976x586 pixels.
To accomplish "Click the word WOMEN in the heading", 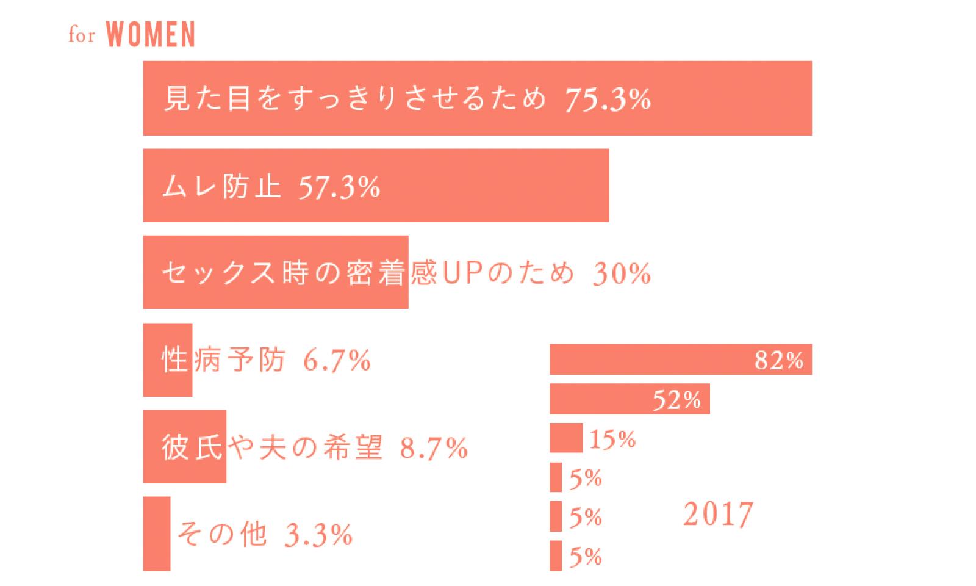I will pyautogui.click(x=151, y=35).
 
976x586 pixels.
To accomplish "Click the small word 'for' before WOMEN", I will pyautogui.click(x=81, y=35).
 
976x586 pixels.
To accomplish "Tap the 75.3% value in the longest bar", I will pyautogui.click(x=608, y=99).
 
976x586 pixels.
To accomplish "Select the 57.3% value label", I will pyautogui.click(x=339, y=186).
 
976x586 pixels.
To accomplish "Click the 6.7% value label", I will pyautogui.click(x=337, y=361).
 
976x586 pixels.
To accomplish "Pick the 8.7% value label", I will pyautogui.click(x=433, y=448).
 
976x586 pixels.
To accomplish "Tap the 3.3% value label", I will pyautogui.click(x=319, y=535).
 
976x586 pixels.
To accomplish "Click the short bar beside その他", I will pyautogui.click(x=157, y=534).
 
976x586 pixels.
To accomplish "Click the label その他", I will pyautogui.click(x=222, y=535).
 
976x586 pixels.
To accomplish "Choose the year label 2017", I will pyautogui.click(x=718, y=514).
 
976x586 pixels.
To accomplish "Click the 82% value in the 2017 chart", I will pyautogui.click(x=779, y=360).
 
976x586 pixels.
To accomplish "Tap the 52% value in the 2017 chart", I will pyautogui.click(x=676, y=400).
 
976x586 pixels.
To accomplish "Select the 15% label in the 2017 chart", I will pyautogui.click(x=612, y=439).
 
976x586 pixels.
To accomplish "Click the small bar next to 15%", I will pyautogui.click(x=566, y=438).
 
